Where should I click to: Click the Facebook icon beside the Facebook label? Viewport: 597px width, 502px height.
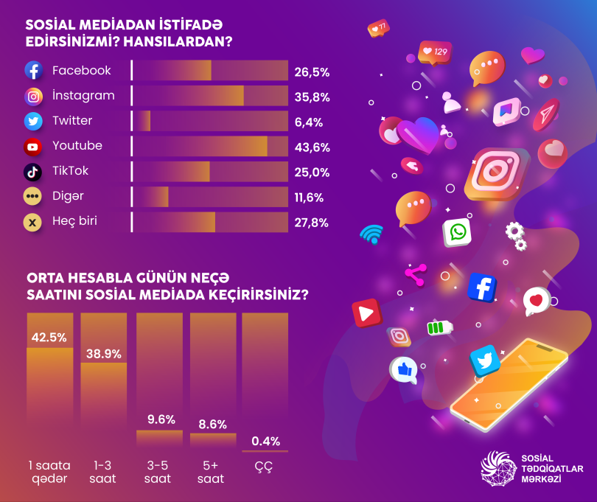point(33,70)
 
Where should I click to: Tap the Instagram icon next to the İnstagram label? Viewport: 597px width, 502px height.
point(33,97)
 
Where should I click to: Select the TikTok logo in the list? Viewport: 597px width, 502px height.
point(32,172)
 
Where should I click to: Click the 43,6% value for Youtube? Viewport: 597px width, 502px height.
point(313,147)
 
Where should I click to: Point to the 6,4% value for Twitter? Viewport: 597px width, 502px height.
point(308,122)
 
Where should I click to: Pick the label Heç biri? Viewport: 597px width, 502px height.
point(74,221)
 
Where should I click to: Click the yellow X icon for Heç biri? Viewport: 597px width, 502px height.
point(32,223)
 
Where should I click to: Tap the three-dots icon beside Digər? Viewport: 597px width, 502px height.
point(32,197)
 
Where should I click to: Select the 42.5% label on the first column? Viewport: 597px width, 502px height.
point(49,338)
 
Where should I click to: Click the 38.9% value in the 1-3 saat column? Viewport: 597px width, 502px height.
point(104,354)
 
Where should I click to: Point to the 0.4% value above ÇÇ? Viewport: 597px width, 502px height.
point(266,441)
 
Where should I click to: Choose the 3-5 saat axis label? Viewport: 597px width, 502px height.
point(158,472)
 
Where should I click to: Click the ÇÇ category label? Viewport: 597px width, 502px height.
point(263,467)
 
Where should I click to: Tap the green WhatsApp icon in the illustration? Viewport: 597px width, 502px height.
point(457,232)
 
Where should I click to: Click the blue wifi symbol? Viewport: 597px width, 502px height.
point(371,234)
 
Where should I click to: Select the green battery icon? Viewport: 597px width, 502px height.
point(439,327)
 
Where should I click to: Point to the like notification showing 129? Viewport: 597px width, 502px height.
point(435,52)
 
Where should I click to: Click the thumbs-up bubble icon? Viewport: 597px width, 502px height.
point(404,369)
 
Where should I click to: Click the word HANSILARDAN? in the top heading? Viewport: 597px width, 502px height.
point(178,41)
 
